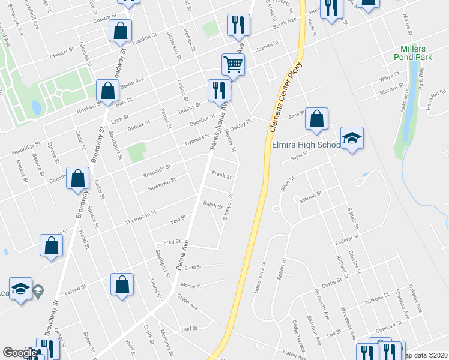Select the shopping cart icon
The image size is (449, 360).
pyautogui.click(x=233, y=64)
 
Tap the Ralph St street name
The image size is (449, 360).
pyautogui.click(x=213, y=205)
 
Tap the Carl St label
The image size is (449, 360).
pyautogui.click(x=190, y=329)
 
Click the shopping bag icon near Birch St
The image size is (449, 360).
pyautogui.click(x=316, y=119)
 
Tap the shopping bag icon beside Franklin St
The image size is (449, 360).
pyautogui.click(x=121, y=31)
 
